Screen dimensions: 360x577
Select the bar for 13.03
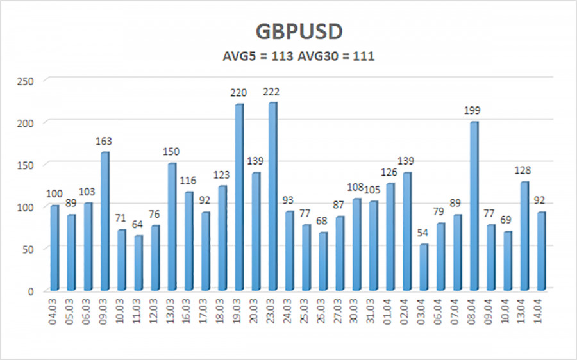click(x=171, y=225)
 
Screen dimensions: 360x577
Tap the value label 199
click(x=472, y=111)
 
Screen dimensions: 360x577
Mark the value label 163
click(x=105, y=141)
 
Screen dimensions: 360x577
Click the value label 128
click(x=523, y=170)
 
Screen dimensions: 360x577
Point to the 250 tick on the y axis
click(x=28, y=80)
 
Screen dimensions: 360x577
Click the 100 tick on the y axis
click(x=28, y=206)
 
